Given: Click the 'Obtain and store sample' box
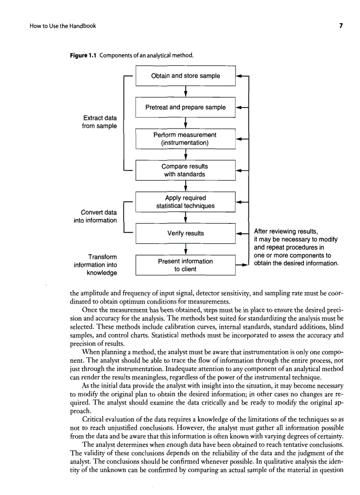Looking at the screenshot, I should [185, 76].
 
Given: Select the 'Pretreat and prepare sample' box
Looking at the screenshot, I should [185, 107].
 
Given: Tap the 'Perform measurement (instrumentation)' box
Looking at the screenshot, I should [185, 139].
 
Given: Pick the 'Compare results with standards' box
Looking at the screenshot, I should [185, 170].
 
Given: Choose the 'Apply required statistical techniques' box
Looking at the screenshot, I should [185, 202].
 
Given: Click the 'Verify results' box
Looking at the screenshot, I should [185, 233].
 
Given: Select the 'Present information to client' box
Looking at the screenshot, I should [185, 265].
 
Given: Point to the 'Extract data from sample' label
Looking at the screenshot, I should [100, 122].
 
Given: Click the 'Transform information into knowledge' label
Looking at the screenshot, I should [95, 265].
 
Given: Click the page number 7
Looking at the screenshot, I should [341, 26].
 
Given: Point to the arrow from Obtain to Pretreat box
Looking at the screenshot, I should [185, 91].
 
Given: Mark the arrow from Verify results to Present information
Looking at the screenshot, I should [185, 249].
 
